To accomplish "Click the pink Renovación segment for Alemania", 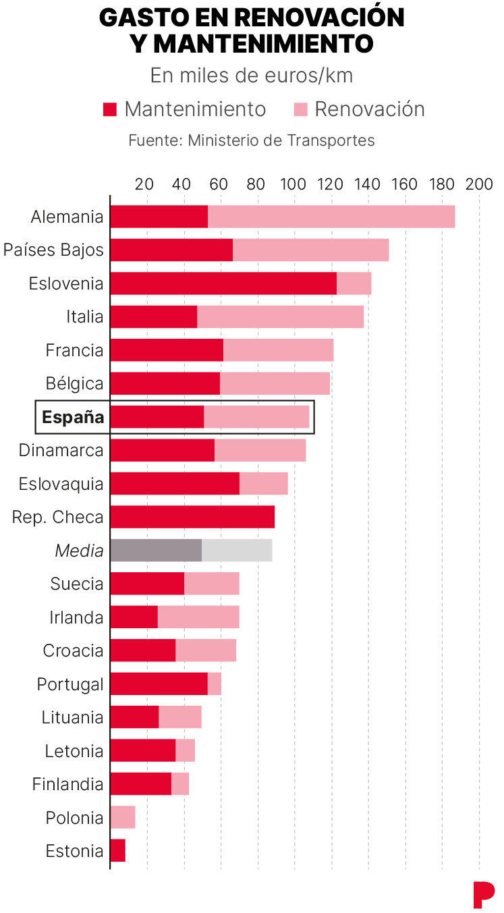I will pos(331,217).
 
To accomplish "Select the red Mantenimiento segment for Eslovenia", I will pos(223,283).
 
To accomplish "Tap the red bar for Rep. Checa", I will pos(192,517).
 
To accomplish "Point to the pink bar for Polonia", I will pos(123,817).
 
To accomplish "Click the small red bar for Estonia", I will pos(118,851).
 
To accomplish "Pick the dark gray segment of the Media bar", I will pos(156,551).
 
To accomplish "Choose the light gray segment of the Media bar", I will pos(237,551).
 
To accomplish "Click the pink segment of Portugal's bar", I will pos(215,684).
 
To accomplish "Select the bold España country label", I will pos(73,417).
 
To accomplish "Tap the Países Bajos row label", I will pos(53,250).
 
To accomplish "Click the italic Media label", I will pos(80,551).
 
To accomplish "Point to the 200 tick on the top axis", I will pos(480,184).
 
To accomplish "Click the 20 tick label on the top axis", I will pos(144,184).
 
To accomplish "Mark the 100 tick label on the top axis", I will pos(293,184).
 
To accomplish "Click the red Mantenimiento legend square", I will pos(110,110).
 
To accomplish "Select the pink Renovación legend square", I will pos(301,110).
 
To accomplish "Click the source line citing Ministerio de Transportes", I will pos(252,141).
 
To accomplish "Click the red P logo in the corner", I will pos(483,895).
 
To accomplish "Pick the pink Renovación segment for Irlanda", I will pos(198,617).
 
